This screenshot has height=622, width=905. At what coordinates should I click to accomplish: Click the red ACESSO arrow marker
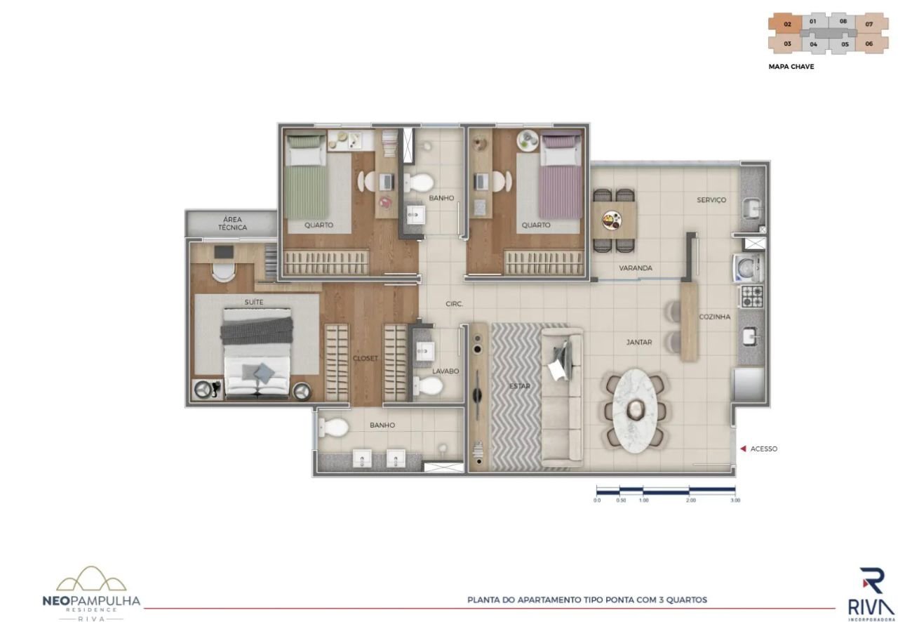point(742,449)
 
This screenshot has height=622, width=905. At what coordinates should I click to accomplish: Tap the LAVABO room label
point(445,371)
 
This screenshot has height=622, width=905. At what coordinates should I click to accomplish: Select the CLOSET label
point(366,358)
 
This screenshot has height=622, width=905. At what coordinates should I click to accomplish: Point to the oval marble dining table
point(634,411)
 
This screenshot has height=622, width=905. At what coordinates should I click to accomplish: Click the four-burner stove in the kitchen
point(751,296)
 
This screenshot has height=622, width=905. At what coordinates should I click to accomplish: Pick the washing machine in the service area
point(749,267)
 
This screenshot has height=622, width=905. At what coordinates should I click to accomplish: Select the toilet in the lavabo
point(427,385)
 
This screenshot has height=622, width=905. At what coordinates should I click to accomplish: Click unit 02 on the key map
point(787,25)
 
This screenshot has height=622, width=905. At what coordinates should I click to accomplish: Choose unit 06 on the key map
point(869,44)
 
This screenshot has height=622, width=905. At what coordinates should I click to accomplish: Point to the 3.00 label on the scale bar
point(735,501)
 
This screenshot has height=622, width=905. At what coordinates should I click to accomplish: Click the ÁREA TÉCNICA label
point(232,223)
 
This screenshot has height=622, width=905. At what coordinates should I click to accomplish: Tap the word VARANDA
point(636,267)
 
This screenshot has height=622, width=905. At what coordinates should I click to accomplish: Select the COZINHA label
point(715,317)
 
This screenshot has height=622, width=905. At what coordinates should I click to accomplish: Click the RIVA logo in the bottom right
point(871,594)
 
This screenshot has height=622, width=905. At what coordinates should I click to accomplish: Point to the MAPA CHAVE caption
point(791,67)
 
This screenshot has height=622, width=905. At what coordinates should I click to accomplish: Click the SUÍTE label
point(254,302)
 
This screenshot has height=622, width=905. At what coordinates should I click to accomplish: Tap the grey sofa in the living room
point(562,397)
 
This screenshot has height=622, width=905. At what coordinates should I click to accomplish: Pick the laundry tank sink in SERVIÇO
point(752,209)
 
